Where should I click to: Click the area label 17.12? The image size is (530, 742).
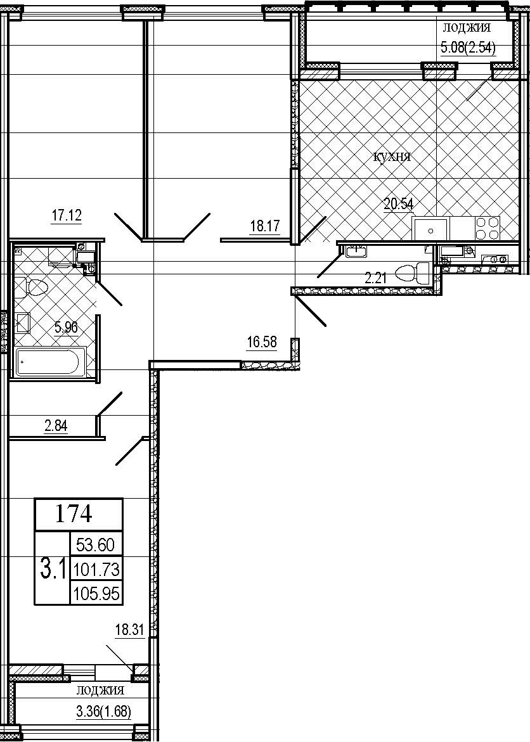67,216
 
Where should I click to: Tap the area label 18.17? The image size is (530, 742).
265,227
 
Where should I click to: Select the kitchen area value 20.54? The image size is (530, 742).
398,205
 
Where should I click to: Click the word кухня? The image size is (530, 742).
392,158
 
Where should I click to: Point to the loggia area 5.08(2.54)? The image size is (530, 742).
468,48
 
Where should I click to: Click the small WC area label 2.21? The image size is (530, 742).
375,278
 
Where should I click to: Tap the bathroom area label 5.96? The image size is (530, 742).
66,327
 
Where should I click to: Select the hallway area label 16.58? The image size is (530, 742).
261,341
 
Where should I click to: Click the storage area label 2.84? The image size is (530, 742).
56,426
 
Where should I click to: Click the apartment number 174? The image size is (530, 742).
74,514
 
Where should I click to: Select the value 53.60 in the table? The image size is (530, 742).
96,545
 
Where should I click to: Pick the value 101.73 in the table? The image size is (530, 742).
96,569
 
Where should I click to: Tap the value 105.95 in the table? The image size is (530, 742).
96,594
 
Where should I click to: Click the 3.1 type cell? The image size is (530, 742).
53,570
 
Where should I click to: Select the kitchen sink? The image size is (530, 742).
430,229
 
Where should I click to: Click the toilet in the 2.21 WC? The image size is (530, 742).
413,273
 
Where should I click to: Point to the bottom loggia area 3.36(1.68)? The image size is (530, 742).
103,711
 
